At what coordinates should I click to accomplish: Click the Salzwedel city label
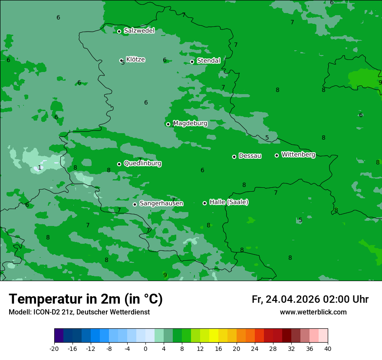point(139,31)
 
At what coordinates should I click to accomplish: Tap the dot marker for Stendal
point(192,62)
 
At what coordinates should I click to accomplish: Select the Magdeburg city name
point(190,124)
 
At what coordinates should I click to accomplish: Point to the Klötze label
point(135,59)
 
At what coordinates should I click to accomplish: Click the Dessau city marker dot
point(234,157)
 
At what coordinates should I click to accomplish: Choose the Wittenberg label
point(298,155)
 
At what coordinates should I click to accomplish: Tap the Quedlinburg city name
point(142,164)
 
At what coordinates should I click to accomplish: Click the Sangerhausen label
point(161,203)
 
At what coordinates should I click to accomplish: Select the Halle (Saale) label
point(229,202)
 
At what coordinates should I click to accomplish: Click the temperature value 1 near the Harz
point(40,168)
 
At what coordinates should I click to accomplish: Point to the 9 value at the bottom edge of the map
point(165,275)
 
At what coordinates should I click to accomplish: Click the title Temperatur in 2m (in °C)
point(86,299)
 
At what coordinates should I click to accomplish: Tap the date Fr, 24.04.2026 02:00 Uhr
point(310,299)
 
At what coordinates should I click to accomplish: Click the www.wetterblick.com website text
point(313,312)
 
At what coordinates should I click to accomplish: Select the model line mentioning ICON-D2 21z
point(79,312)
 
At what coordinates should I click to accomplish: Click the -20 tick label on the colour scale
point(54,349)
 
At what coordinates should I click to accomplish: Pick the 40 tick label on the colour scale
point(328,349)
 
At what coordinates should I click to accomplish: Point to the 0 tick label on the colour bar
point(145,349)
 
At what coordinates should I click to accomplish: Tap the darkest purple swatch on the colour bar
point(59,336)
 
